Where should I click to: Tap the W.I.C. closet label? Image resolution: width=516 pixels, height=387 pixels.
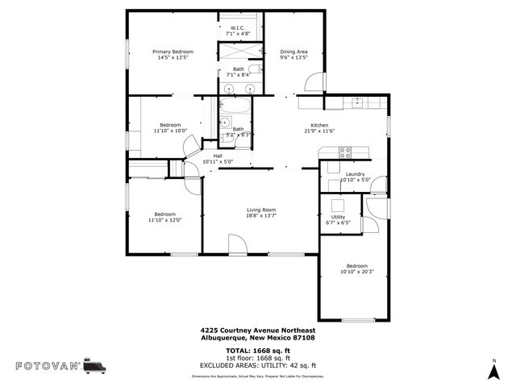click(238, 28)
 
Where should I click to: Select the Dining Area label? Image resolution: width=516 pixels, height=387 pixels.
click(293, 52)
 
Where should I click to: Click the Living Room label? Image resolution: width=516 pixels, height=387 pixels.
click(261, 210)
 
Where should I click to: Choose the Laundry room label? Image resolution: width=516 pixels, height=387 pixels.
click(355, 174)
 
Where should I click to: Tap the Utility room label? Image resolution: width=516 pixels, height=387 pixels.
click(338, 217)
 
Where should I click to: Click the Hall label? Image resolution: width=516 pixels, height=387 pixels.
click(218, 156)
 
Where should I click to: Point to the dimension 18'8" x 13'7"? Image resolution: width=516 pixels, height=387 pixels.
click(261, 215)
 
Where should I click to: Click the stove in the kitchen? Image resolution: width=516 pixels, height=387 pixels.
click(345, 151)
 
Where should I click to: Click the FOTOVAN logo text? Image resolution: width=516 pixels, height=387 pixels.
click(48, 365)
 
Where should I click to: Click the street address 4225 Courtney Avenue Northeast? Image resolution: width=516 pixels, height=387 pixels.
click(257, 330)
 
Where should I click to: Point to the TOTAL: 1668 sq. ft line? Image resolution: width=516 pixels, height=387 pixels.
click(258, 352)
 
